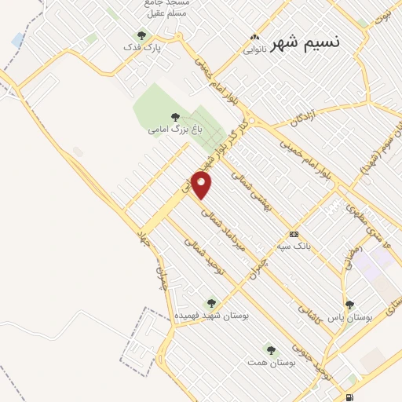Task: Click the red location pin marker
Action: pos(203,185)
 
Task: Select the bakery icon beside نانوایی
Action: pos(254,38)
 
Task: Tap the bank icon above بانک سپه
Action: pos(294,234)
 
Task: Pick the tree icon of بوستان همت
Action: pos(271,349)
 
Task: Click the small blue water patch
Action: pos(17,39)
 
